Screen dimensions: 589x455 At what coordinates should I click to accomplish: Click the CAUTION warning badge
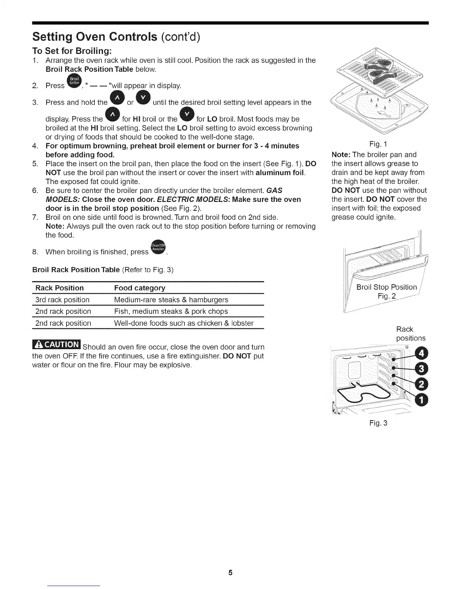click(x=56, y=345)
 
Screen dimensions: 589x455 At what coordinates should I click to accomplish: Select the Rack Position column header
click(x=59, y=288)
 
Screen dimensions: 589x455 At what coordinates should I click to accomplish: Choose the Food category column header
click(x=140, y=288)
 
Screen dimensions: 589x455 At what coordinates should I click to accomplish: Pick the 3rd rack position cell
click(x=62, y=300)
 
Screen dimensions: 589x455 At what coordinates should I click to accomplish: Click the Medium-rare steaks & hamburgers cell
click(x=171, y=300)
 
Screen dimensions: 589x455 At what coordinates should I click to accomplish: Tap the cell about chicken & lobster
click(x=184, y=323)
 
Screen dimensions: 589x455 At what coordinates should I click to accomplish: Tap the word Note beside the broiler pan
click(x=341, y=155)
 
